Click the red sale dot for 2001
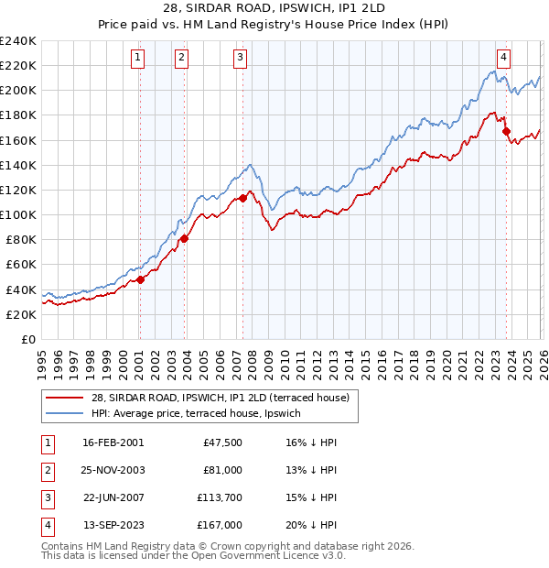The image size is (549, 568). tap(140, 279)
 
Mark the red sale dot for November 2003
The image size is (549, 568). tap(185, 238)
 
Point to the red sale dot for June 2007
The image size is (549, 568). tap(242, 197)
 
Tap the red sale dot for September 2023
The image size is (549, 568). tap(506, 131)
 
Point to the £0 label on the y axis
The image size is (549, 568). tap(27, 339)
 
